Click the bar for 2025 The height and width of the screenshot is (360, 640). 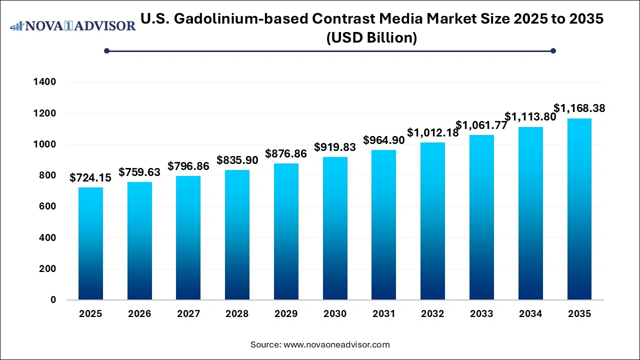click(90, 243)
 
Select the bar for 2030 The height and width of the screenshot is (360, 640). click(335, 228)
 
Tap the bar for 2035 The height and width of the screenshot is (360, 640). click(579, 209)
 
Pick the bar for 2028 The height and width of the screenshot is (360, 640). click(237, 235)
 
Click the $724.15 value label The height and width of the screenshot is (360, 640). click(90, 177)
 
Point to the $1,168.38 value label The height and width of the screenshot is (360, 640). click(579, 108)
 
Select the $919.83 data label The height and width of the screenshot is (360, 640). click(334, 147)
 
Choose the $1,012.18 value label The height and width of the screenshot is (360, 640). click(432, 132)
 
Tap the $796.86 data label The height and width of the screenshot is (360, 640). click(188, 166)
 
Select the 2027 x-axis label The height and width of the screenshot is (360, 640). click(188, 314)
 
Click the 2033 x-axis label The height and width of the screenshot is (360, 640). click(481, 314)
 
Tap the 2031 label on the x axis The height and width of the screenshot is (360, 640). click(383, 314)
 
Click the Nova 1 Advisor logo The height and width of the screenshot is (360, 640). click(72, 26)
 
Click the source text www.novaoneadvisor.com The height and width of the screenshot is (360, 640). click(336, 344)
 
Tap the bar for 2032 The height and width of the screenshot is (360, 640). click(432, 221)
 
